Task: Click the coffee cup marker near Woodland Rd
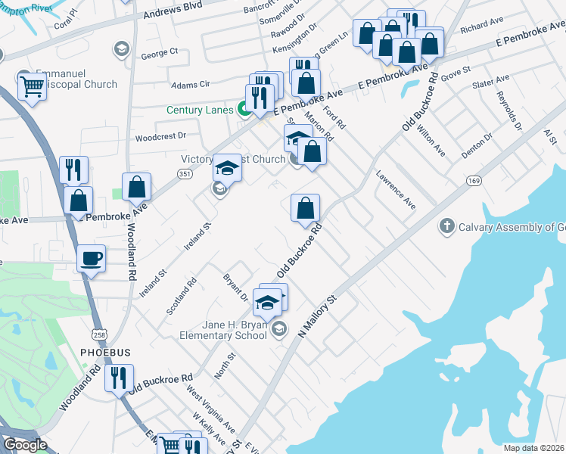click(91, 259)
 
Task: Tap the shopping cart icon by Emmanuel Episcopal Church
click(32, 87)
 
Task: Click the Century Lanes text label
click(201, 110)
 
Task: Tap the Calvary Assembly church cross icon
click(447, 226)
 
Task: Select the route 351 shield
click(185, 173)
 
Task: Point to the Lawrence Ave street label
click(396, 190)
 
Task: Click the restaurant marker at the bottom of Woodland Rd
click(119, 378)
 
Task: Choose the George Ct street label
click(159, 53)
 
